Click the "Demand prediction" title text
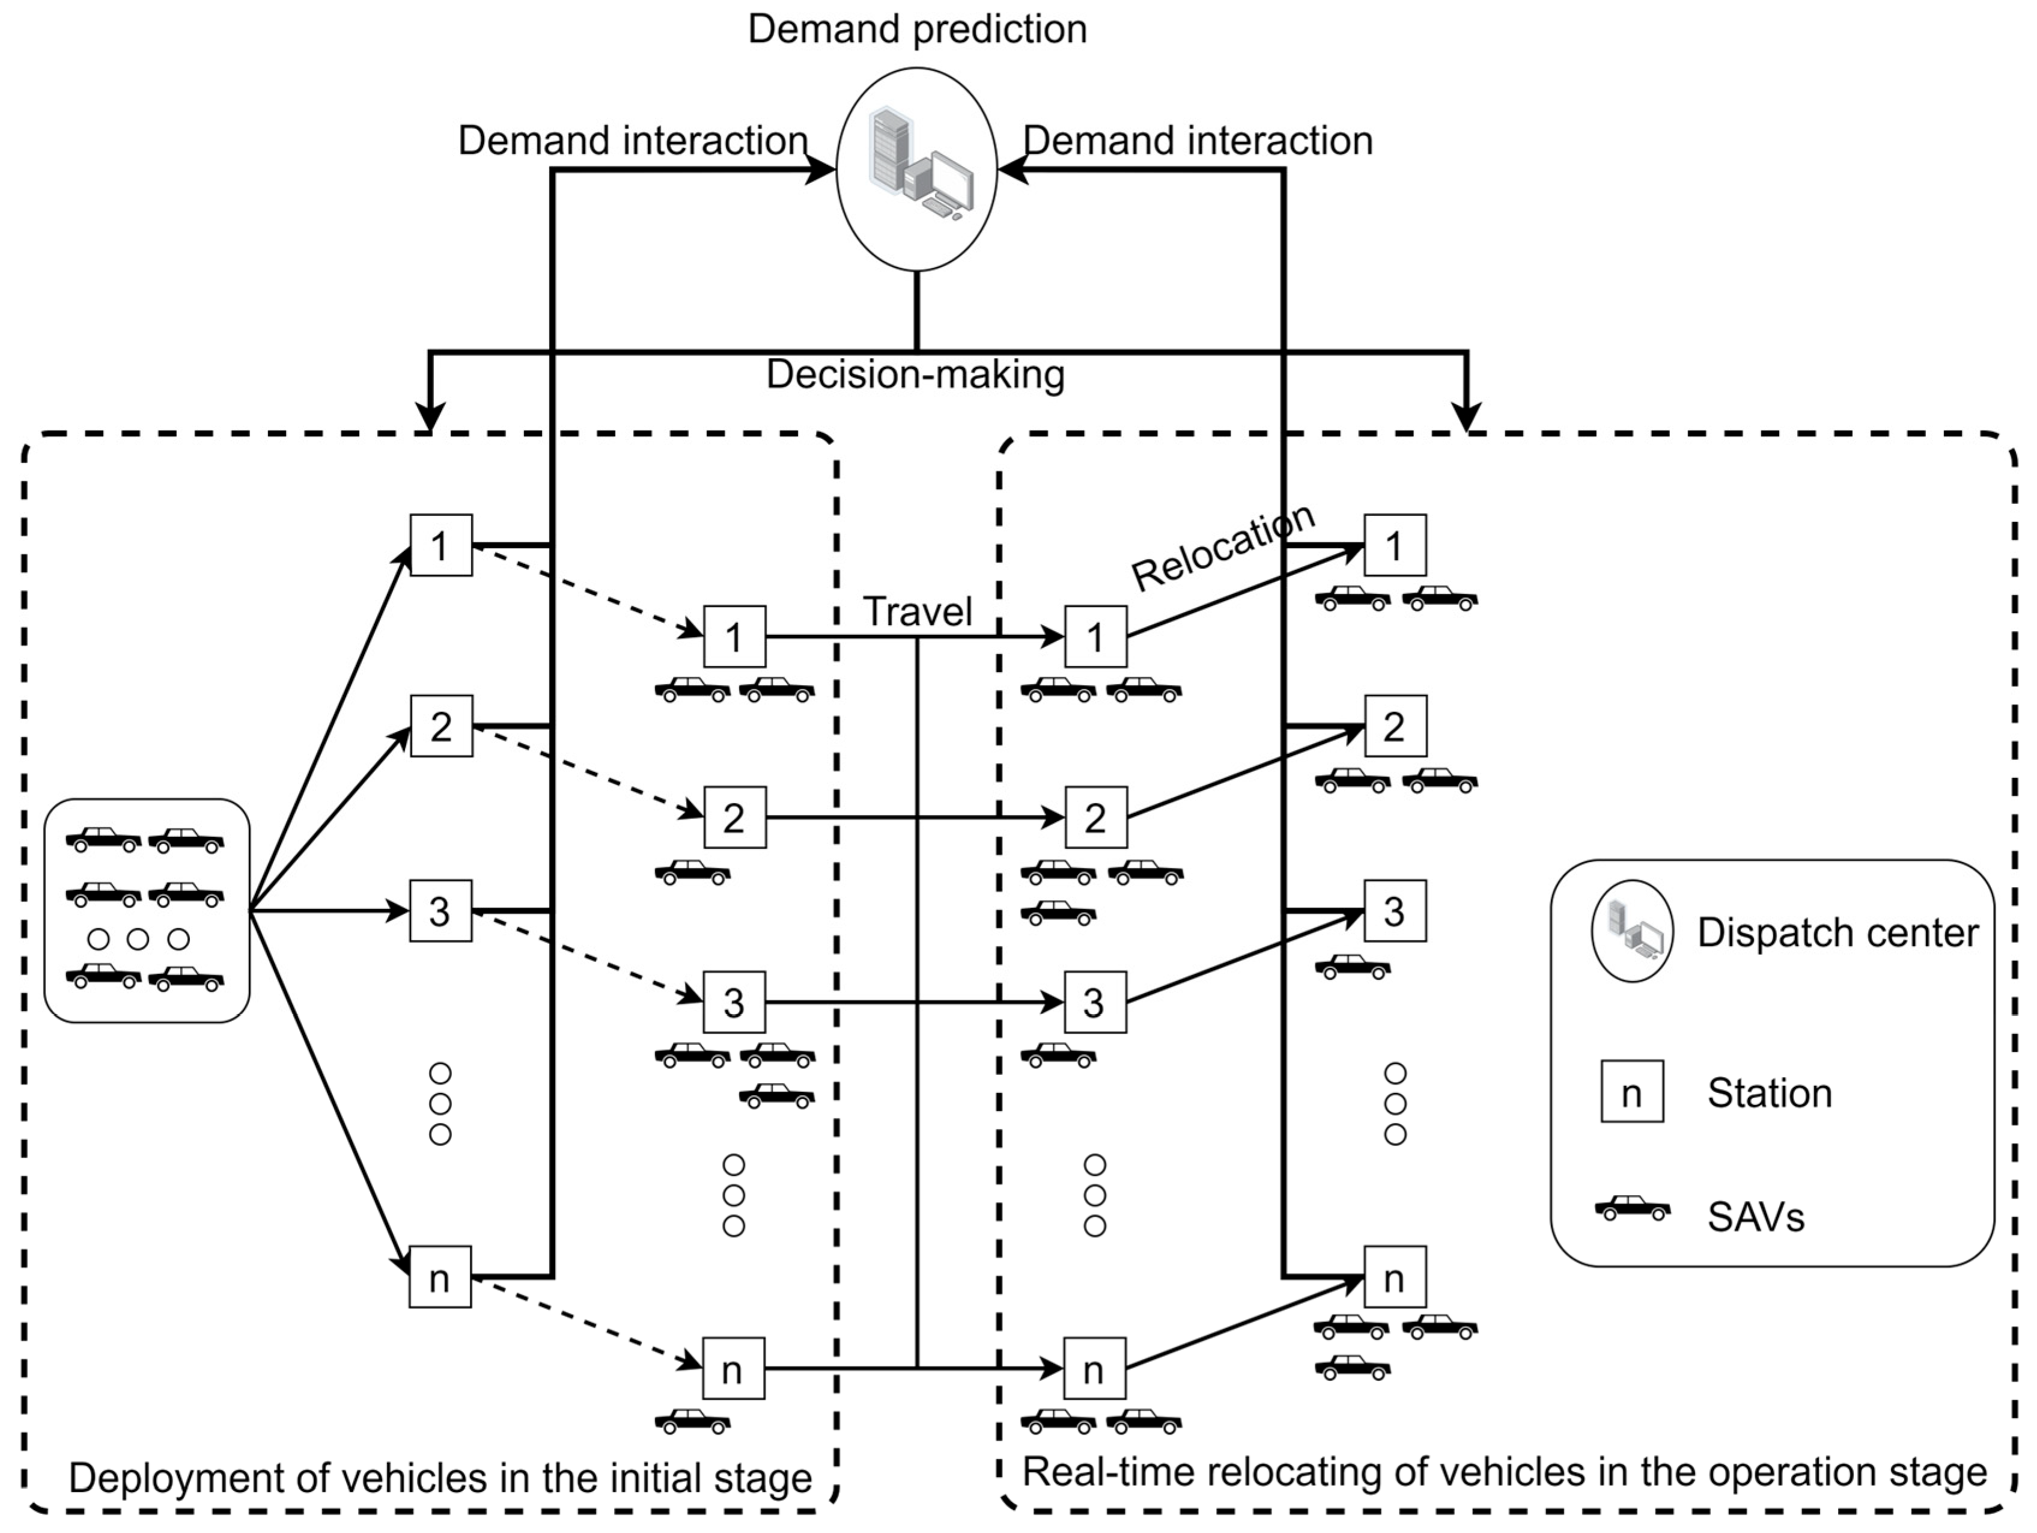click(x=917, y=29)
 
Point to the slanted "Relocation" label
click(x=1223, y=548)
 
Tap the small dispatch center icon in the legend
click(x=1632, y=931)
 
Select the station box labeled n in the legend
click(x=1632, y=1091)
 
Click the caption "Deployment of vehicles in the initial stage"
click(x=440, y=1478)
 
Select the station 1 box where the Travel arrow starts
click(x=734, y=637)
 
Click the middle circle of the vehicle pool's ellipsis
click(x=138, y=939)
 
